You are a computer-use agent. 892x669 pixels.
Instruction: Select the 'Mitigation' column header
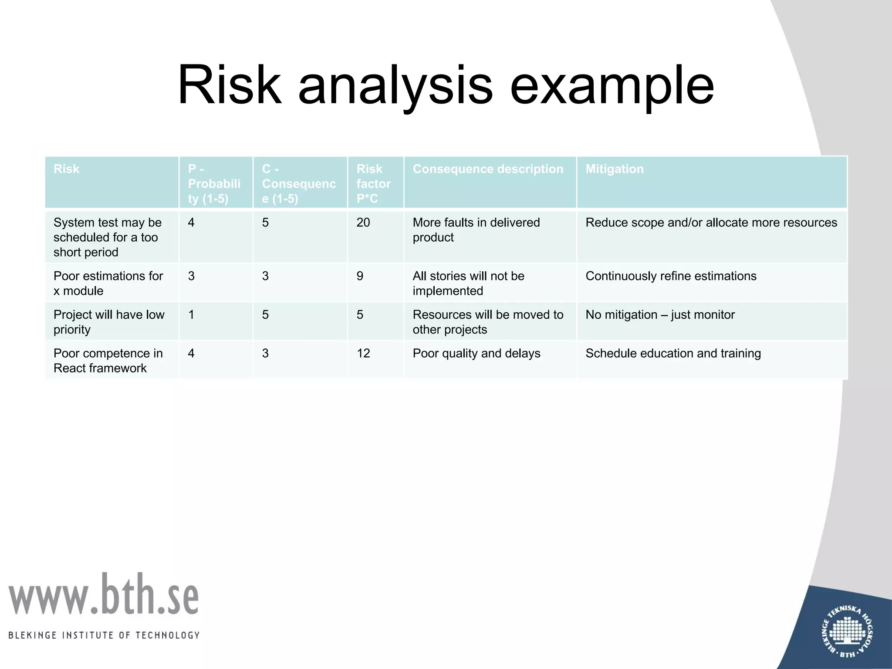pyautogui.click(x=614, y=169)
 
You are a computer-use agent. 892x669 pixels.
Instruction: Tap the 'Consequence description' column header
pyautogui.click(x=488, y=169)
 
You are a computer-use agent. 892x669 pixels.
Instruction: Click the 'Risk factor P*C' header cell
pyautogui.click(x=373, y=183)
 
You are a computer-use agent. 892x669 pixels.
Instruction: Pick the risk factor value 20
pyautogui.click(x=363, y=223)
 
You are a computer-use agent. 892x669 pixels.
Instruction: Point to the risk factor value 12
pyautogui.click(x=363, y=353)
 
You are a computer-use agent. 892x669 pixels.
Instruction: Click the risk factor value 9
pyautogui.click(x=360, y=276)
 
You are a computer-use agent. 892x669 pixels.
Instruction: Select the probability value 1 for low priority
pyautogui.click(x=191, y=314)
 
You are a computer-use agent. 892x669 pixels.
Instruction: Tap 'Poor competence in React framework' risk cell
pyautogui.click(x=108, y=361)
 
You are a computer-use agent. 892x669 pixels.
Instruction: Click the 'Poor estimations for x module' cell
pyautogui.click(x=108, y=283)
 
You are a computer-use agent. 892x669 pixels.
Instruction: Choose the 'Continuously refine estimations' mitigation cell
pyautogui.click(x=671, y=276)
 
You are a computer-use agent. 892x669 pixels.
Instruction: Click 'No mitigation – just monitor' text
pyautogui.click(x=660, y=314)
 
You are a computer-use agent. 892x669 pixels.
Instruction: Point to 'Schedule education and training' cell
pyautogui.click(x=673, y=353)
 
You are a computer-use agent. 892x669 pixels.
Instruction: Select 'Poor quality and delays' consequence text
pyautogui.click(x=476, y=353)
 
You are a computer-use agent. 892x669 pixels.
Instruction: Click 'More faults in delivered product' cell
pyautogui.click(x=476, y=230)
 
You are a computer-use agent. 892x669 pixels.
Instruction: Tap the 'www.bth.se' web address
pyautogui.click(x=104, y=595)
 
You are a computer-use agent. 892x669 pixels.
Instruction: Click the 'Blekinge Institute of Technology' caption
pyautogui.click(x=104, y=635)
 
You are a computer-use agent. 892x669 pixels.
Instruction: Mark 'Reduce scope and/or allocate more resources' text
pyautogui.click(x=711, y=223)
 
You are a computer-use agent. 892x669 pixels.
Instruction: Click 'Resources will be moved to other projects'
pyautogui.click(x=488, y=322)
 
